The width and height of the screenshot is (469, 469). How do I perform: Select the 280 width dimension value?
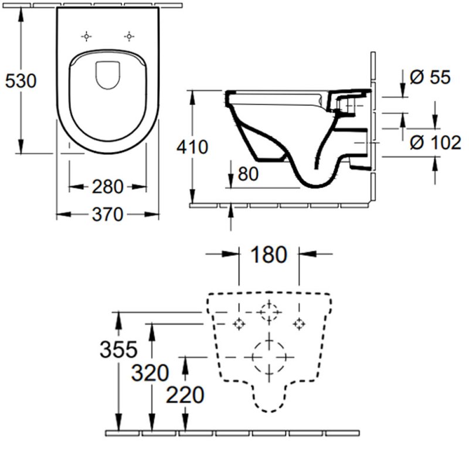[x=108, y=187]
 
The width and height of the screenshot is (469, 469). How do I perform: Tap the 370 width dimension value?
[x=108, y=215]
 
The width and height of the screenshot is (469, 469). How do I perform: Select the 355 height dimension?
[x=118, y=350]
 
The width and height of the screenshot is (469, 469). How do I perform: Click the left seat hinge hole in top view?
[x=86, y=37]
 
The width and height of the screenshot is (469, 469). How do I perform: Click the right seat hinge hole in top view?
[x=128, y=37]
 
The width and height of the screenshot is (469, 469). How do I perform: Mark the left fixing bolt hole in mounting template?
[x=239, y=323]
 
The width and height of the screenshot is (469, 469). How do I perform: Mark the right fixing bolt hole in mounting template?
[x=300, y=323]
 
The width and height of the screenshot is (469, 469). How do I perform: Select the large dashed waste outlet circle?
[x=269, y=356]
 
